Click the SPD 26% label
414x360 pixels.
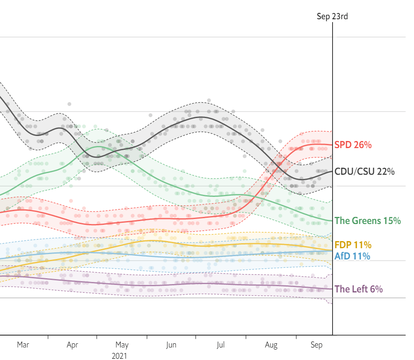pyautogui.click(x=353, y=145)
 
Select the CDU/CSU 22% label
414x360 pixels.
pyautogui.click(x=364, y=171)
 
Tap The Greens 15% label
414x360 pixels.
pyautogui.click(x=368, y=221)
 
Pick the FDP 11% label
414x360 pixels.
pyautogui.click(x=353, y=245)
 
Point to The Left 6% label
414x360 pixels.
pyautogui.click(x=358, y=289)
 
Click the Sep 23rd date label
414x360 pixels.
pyautogui.click(x=332, y=17)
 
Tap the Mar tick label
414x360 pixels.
pyautogui.click(x=23, y=345)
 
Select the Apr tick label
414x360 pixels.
pyautogui.click(x=73, y=345)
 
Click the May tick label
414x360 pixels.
pyautogui.click(x=122, y=345)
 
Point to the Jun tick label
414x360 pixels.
pyautogui.click(x=171, y=345)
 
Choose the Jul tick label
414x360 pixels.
pyautogui.click(x=221, y=345)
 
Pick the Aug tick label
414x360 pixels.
pyautogui.click(x=271, y=345)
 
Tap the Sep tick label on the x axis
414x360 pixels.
pyautogui.click(x=317, y=345)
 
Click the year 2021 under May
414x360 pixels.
pyautogui.click(x=119, y=356)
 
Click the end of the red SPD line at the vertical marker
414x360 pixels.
pyautogui.click(x=332, y=145)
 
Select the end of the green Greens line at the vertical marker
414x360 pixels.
pyautogui.click(x=332, y=220)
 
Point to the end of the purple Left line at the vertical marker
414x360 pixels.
pyautogui.click(x=332, y=289)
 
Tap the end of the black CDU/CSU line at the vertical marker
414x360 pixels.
pyautogui.click(x=332, y=171)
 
